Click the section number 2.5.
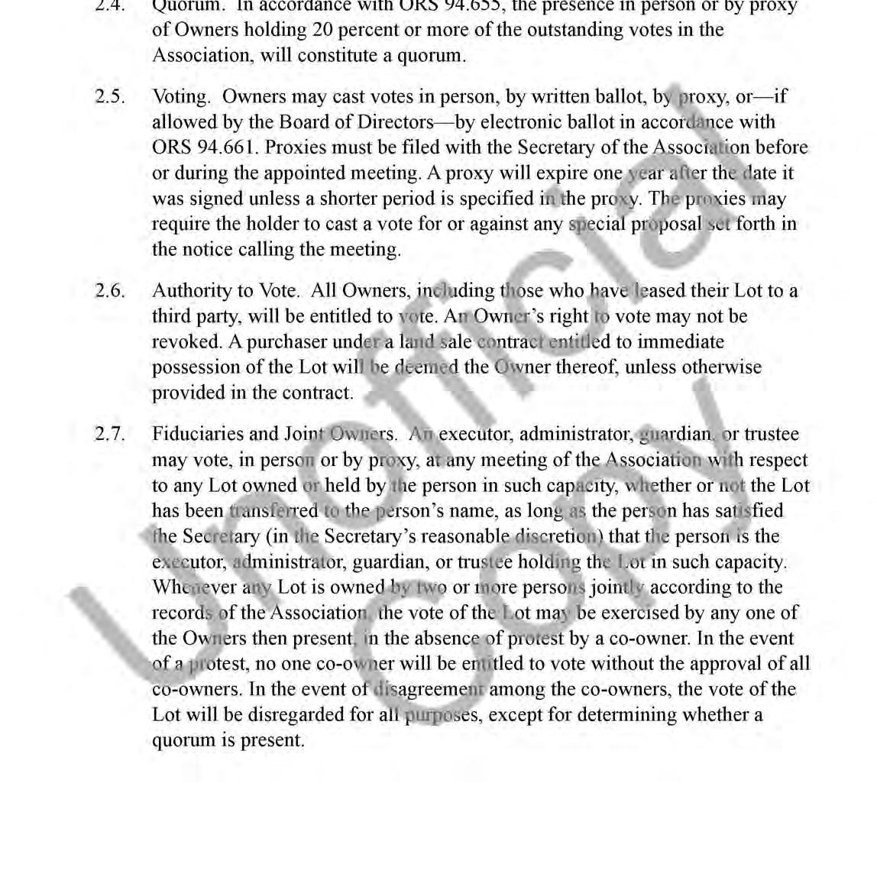point(110,97)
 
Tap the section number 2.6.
point(110,291)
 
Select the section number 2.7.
point(110,434)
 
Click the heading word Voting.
point(181,97)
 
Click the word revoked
point(186,341)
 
